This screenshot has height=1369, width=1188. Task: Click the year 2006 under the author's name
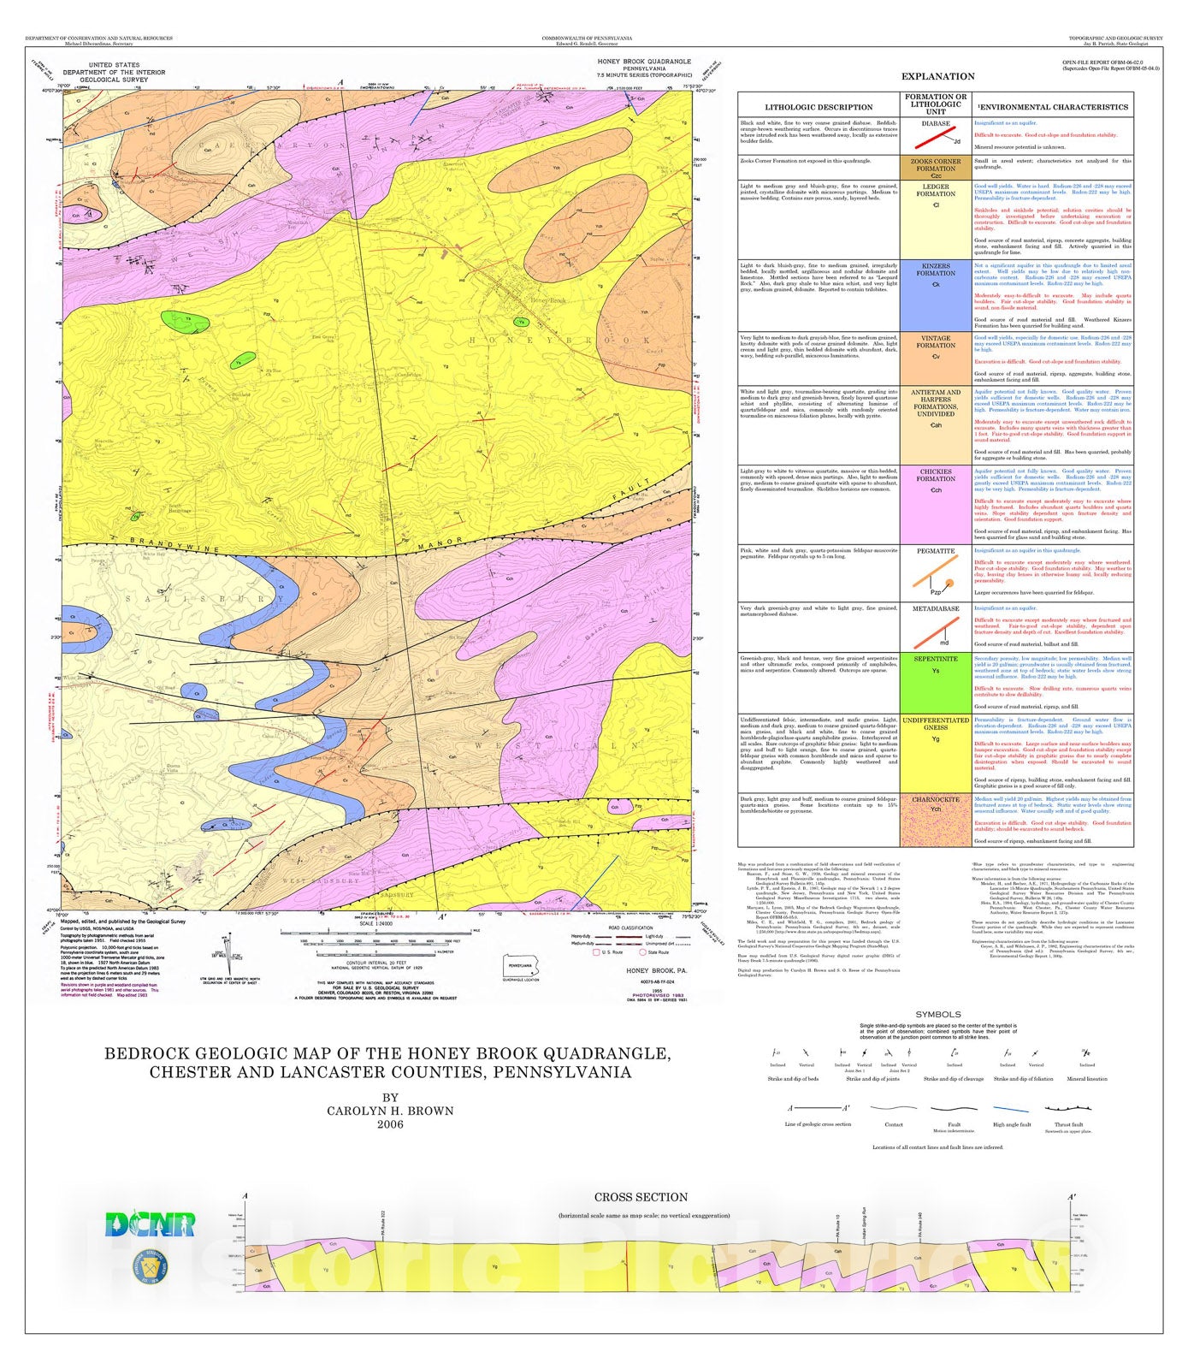(390, 1124)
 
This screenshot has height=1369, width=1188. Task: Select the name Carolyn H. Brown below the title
(390, 1111)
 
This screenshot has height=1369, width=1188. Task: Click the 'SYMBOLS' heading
(938, 1014)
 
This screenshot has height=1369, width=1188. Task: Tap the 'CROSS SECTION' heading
(641, 1197)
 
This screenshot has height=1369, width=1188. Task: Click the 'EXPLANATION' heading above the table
(938, 76)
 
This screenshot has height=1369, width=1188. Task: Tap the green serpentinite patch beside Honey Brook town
(520, 323)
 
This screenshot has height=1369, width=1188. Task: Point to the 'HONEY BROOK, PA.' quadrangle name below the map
(656, 970)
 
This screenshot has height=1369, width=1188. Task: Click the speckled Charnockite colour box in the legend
(936, 826)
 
